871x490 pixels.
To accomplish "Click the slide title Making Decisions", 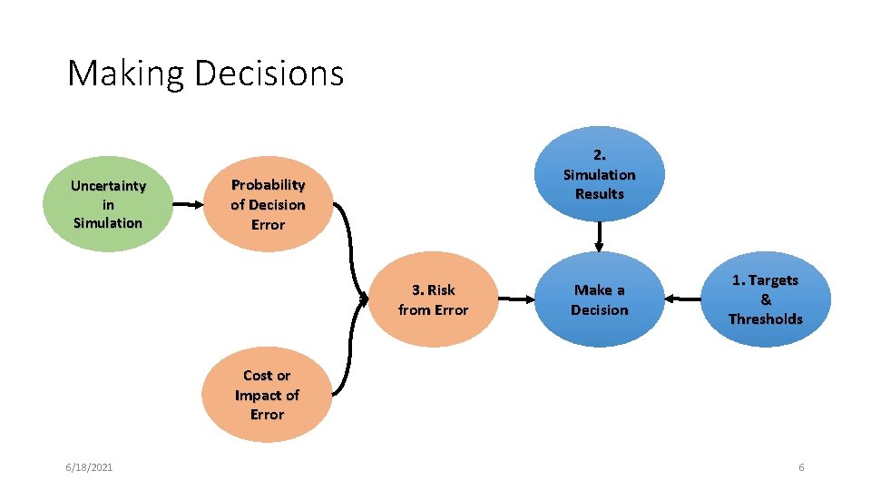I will coord(206,73).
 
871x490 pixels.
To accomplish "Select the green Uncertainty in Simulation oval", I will coord(108,204).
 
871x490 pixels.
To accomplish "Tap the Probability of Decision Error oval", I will coord(268,205).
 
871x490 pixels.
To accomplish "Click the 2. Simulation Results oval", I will coord(599,174).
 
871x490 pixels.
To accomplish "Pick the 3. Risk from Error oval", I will coord(433,299).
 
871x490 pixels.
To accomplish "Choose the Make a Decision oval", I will coord(599,299).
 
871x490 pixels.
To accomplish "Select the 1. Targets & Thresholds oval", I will coord(766,299).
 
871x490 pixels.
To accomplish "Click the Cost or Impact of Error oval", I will coord(267,395).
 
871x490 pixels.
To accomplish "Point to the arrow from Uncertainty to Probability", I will coord(188,205).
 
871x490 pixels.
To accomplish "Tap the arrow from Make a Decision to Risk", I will coord(516,298).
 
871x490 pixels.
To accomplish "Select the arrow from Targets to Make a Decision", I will coord(682,298).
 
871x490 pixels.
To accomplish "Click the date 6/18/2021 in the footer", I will coord(89,466).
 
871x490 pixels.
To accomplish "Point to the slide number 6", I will coord(801,466).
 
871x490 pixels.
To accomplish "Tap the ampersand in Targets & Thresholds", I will coord(766,299).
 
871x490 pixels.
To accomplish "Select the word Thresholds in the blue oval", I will coord(766,318).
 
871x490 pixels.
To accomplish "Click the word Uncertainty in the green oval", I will coord(108,186).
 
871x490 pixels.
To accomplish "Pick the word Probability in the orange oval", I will coord(268,185).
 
